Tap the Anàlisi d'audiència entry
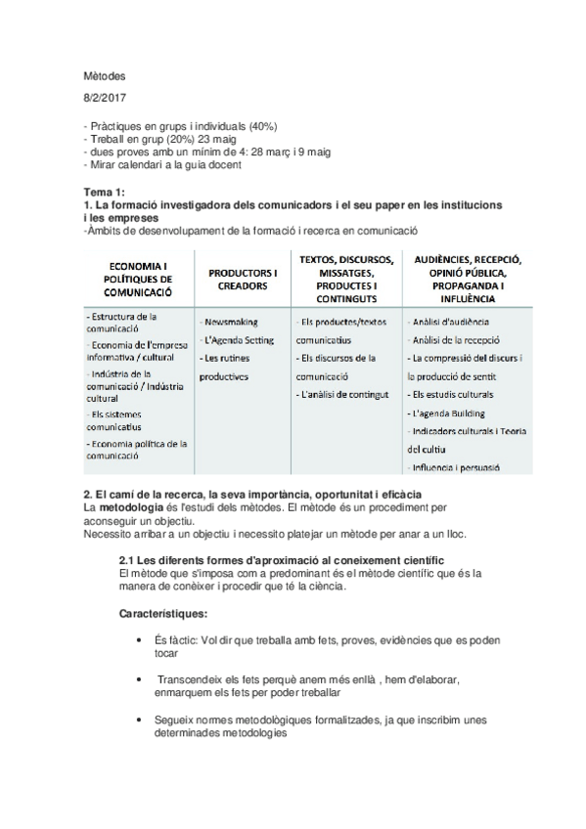tap(451, 322)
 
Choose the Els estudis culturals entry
tap(458, 394)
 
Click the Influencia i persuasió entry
tap(457, 468)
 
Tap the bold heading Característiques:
tap(162, 614)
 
